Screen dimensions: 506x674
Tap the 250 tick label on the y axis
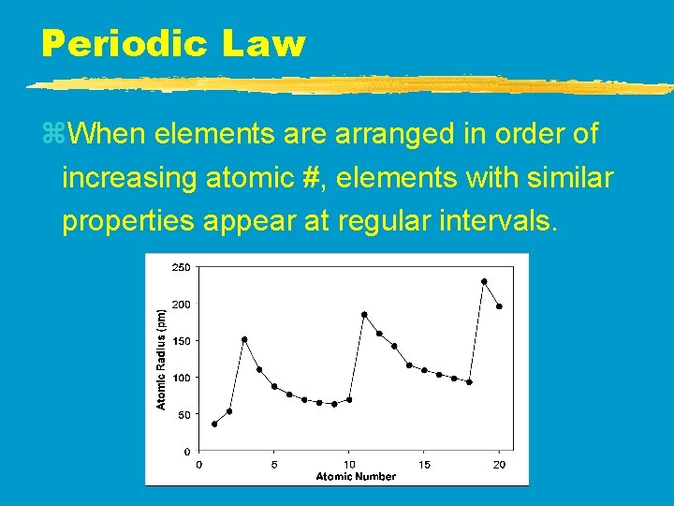180,267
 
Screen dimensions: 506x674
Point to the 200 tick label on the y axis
180,305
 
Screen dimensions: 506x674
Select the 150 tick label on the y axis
180,341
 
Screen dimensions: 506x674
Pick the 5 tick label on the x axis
274,464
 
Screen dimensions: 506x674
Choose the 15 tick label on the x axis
424,464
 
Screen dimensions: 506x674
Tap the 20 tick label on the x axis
499,464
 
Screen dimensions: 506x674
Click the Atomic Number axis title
356,476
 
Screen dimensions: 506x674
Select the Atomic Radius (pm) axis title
161,359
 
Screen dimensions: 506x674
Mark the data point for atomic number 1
214,424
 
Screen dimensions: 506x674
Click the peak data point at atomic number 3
244,339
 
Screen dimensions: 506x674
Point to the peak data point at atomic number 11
364,315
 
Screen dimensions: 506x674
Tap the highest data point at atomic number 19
484,281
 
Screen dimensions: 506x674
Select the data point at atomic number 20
499,306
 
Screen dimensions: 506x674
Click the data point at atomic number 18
469,381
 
